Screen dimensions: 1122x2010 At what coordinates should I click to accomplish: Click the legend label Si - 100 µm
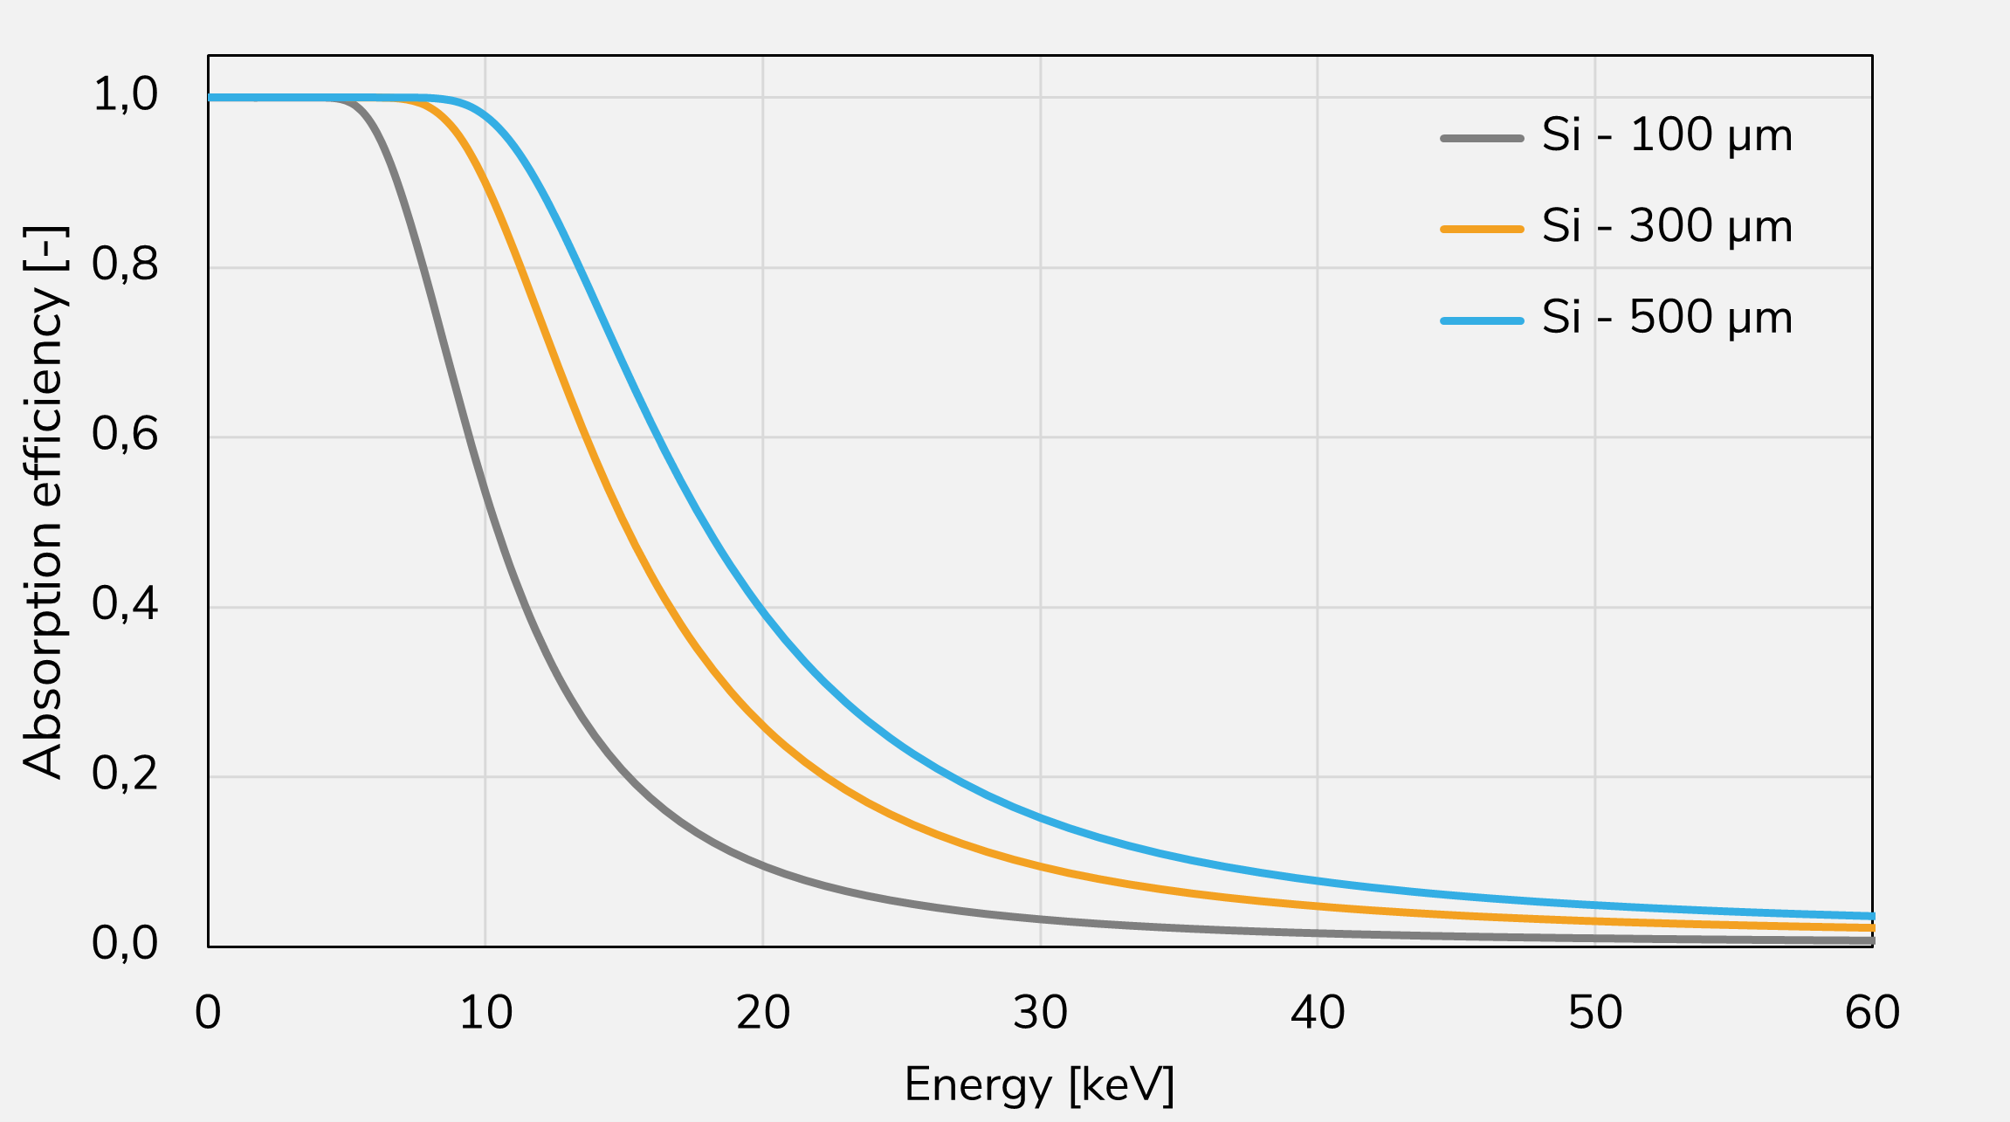pyautogui.click(x=1667, y=136)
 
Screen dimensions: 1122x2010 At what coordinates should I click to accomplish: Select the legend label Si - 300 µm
pyautogui.click(x=1667, y=227)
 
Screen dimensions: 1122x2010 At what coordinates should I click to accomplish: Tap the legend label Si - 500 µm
pyautogui.click(x=1667, y=318)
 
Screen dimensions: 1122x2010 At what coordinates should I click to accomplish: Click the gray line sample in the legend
pyautogui.click(x=1482, y=138)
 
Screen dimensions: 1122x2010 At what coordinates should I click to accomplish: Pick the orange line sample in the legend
pyautogui.click(x=1482, y=229)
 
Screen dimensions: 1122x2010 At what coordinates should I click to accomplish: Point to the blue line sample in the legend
pyautogui.click(x=1482, y=320)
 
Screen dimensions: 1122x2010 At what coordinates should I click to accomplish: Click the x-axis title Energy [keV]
pyautogui.click(x=1039, y=1085)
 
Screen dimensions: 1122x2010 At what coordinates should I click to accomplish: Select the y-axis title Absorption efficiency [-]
pyautogui.click(x=44, y=502)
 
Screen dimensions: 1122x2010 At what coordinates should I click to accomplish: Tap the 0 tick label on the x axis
pyautogui.click(x=208, y=1013)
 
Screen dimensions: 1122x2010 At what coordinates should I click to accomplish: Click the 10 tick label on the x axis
pyautogui.click(x=485, y=1013)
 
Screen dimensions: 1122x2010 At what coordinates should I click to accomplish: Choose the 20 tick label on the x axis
pyautogui.click(x=763, y=1013)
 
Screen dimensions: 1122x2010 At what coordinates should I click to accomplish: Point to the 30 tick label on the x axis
pyautogui.click(x=1040, y=1013)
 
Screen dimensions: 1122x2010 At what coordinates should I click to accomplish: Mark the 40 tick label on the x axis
pyautogui.click(x=1318, y=1013)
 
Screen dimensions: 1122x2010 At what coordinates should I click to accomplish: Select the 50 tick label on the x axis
pyautogui.click(x=1595, y=1013)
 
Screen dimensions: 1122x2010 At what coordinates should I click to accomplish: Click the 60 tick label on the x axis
pyautogui.click(x=1872, y=1013)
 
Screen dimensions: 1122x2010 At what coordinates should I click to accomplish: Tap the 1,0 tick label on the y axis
pyautogui.click(x=125, y=94)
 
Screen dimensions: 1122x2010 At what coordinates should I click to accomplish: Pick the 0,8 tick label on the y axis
pyautogui.click(x=125, y=265)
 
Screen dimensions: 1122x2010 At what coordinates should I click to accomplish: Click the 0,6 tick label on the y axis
pyautogui.click(x=125, y=434)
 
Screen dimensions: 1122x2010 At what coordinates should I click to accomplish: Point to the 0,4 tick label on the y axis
pyautogui.click(x=125, y=604)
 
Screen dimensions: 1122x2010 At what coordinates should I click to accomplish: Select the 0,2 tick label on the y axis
pyautogui.click(x=125, y=774)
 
